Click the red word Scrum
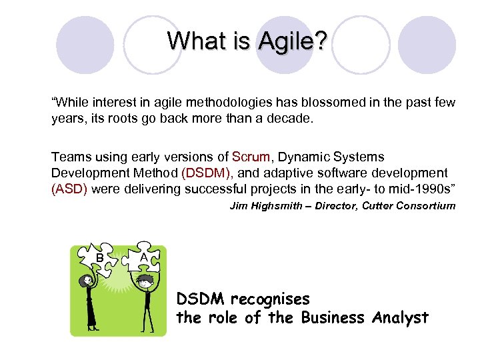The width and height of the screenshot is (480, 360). pyautogui.click(x=251, y=157)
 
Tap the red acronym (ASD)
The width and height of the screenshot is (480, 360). pyautogui.click(x=69, y=189)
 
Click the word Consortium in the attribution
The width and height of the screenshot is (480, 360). pyautogui.click(x=427, y=206)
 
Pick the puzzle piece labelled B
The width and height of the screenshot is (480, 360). pyautogui.click(x=99, y=258)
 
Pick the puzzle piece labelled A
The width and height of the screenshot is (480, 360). pyautogui.click(x=144, y=257)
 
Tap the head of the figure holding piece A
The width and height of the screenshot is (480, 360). pyautogui.click(x=145, y=283)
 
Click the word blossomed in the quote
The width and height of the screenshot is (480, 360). pyautogui.click(x=327, y=102)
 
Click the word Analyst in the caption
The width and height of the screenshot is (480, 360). pyautogui.click(x=397, y=318)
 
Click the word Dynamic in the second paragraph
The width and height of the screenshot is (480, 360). pyautogui.click(x=300, y=157)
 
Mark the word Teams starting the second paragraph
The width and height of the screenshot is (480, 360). pyautogui.click(x=69, y=157)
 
